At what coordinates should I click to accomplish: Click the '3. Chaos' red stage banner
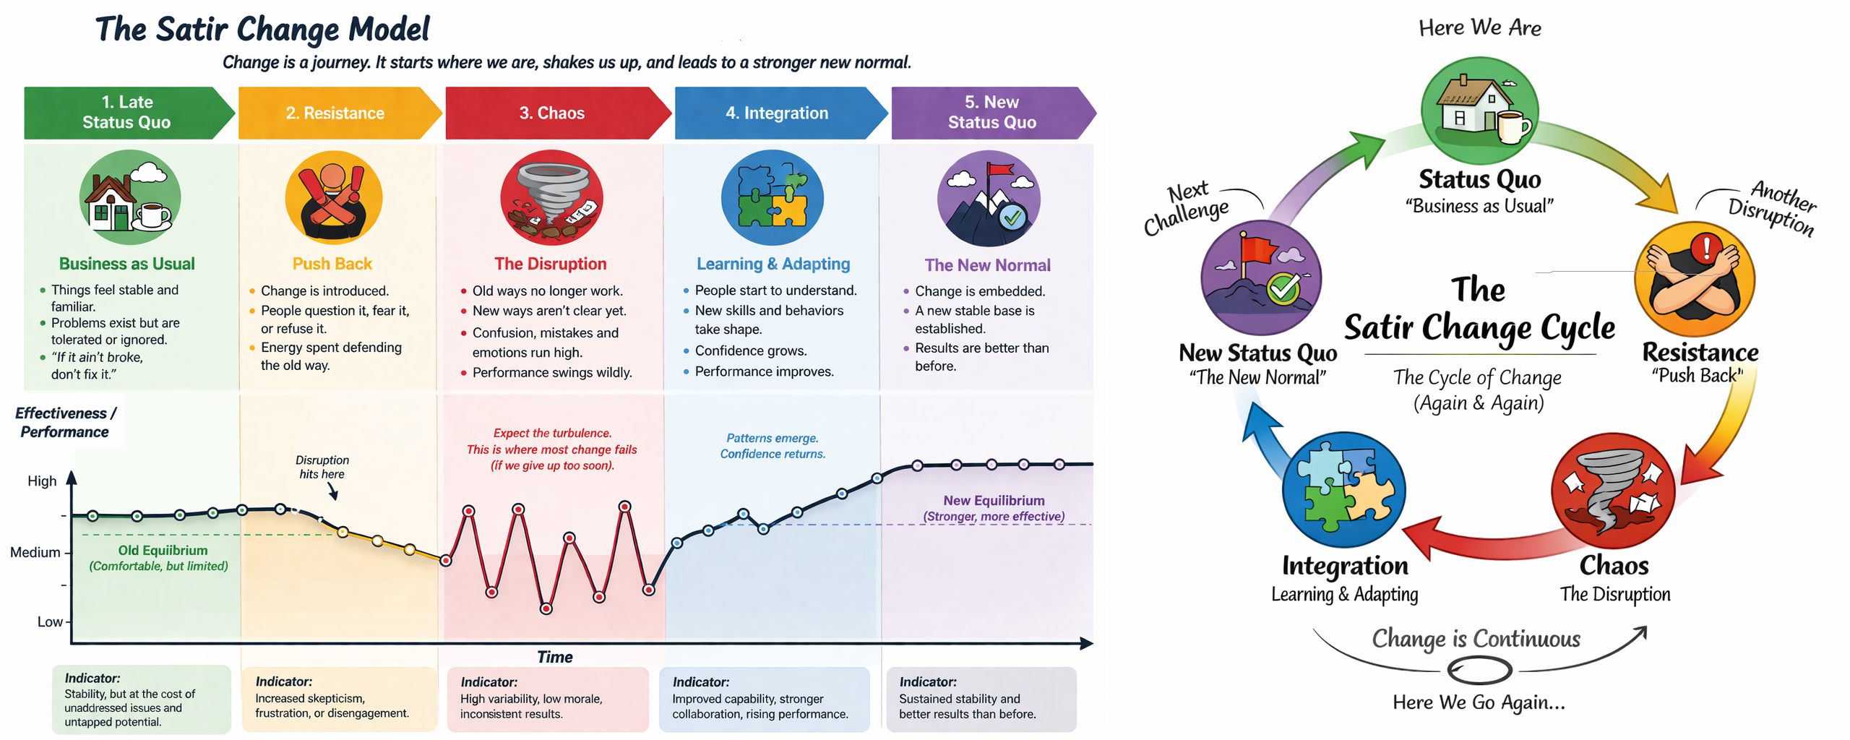pyautogui.click(x=552, y=113)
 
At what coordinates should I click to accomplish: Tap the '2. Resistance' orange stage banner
pyautogui.click(x=335, y=113)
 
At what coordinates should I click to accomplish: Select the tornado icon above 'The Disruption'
pyautogui.click(x=551, y=197)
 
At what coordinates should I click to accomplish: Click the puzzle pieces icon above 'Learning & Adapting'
pyautogui.click(x=772, y=197)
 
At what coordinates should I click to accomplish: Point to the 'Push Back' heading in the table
pyautogui.click(x=332, y=264)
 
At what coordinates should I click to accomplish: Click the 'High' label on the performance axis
pyautogui.click(x=42, y=481)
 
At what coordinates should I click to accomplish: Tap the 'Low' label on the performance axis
pyautogui.click(x=49, y=621)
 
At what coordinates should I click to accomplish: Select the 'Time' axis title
pyautogui.click(x=554, y=657)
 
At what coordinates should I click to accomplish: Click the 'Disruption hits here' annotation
pyautogui.click(x=322, y=467)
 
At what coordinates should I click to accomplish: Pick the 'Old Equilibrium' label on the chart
pyautogui.click(x=163, y=551)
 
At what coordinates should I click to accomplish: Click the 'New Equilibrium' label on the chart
pyautogui.click(x=993, y=501)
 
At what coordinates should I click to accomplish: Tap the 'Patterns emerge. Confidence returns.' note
pyautogui.click(x=772, y=446)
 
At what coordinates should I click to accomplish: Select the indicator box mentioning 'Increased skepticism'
pyautogui.click(x=338, y=698)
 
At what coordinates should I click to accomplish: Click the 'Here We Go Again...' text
pyautogui.click(x=1479, y=702)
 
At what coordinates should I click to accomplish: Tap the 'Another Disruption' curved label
pyautogui.click(x=1774, y=207)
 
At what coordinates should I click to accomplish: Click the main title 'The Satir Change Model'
pyautogui.click(x=262, y=30)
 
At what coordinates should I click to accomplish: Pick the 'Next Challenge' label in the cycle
pyautogui.click(x=1187, y=208)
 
